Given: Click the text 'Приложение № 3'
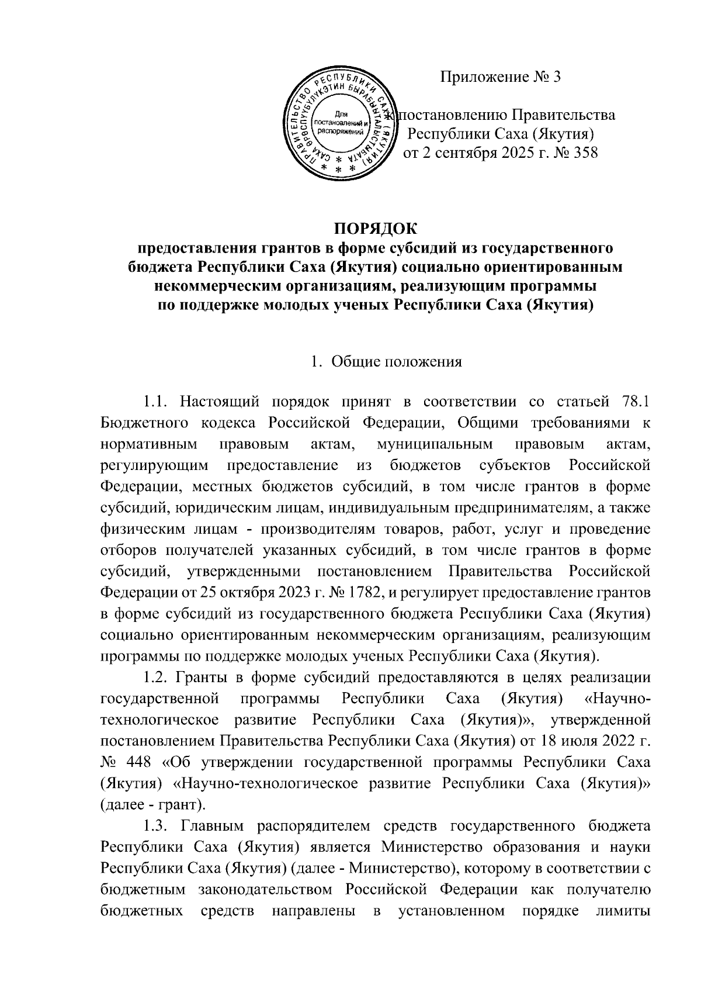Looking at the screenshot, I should point(500,77).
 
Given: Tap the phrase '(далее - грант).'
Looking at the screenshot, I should point(152,805).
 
